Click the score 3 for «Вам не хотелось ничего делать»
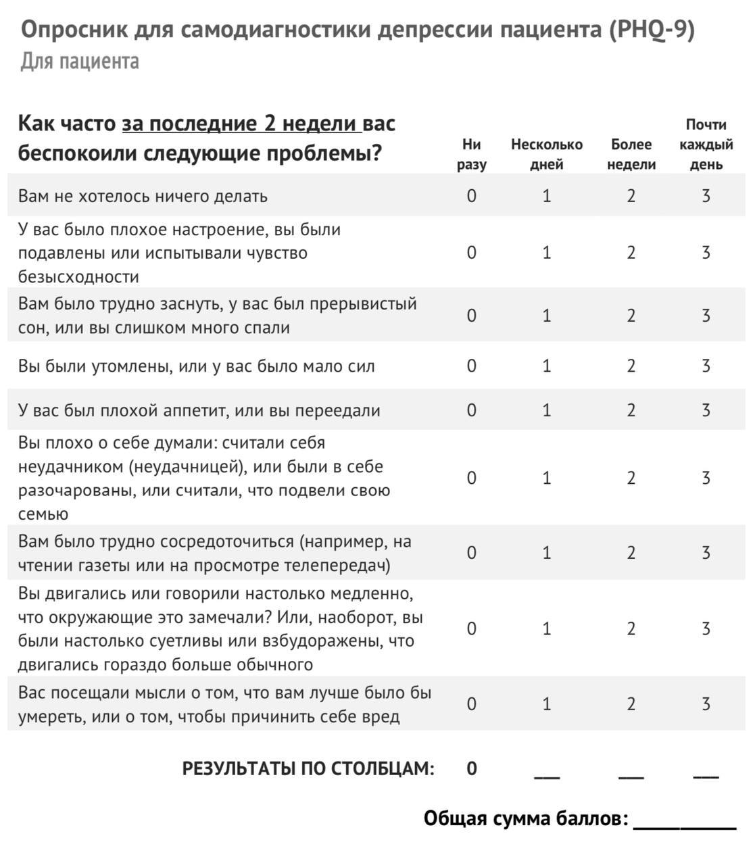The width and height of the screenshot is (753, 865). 706,196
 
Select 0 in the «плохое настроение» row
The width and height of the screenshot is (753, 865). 471,253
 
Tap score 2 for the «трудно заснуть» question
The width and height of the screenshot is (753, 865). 631,316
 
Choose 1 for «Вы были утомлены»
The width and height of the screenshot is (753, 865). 546,366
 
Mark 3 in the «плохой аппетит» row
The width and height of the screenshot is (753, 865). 706,410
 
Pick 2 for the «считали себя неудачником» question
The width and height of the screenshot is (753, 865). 631,478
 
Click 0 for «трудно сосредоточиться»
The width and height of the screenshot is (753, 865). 471,553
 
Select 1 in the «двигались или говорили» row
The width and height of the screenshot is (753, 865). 546,629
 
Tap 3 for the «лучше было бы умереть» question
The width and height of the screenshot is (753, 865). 706,704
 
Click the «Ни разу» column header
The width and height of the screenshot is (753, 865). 471,154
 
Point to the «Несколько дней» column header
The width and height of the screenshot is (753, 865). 546,154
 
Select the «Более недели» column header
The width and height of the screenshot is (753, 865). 631,154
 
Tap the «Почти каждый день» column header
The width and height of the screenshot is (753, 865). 706,145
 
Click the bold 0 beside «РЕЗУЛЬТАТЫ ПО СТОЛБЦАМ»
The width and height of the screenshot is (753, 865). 471,768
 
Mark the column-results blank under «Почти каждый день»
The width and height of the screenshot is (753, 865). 706,774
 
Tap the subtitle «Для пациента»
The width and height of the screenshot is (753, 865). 80,61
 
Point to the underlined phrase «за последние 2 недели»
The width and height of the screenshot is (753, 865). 241,124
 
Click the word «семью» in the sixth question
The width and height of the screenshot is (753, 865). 43,514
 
